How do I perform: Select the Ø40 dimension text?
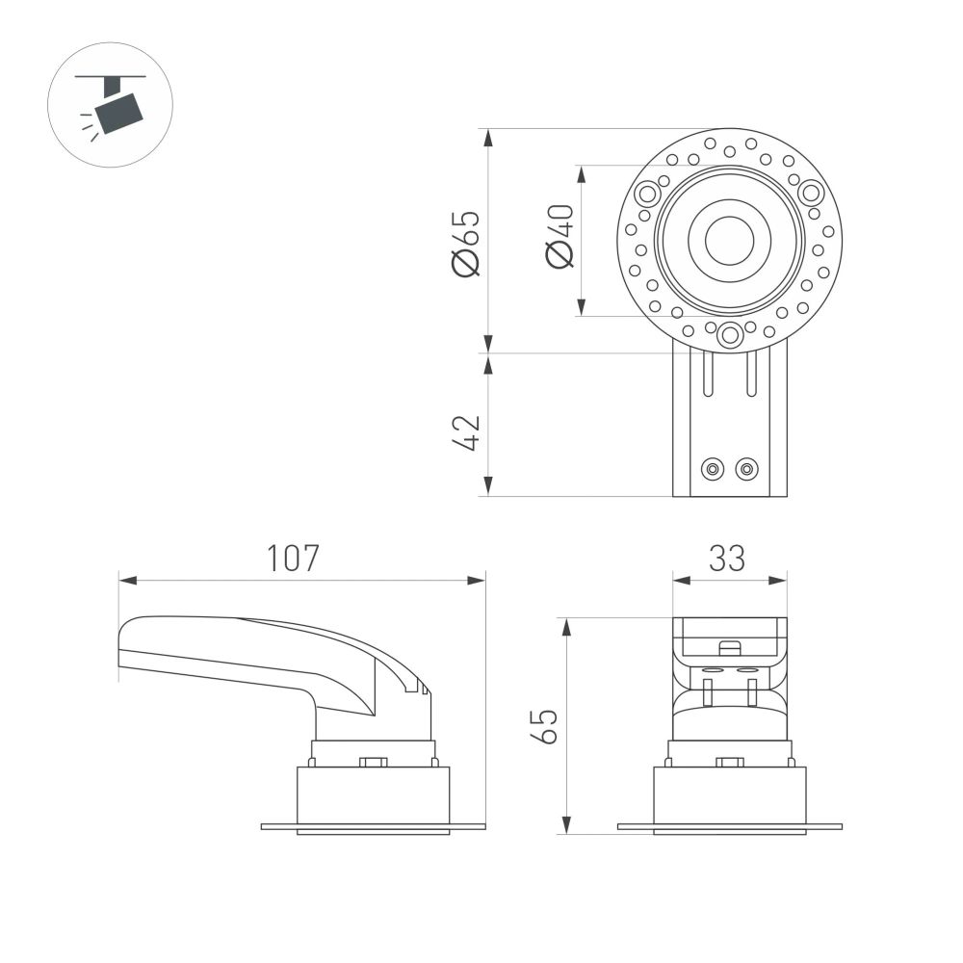click(x=560, y=237)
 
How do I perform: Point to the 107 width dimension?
click(x=293, y=559)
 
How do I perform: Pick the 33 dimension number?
click(x=727, y=559)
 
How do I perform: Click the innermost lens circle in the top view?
click(x=729, y=241)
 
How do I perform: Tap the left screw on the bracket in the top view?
click(x=713, y=469)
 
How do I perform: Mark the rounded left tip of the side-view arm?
click(x=121, y=645)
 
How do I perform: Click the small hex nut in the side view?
click(x=373, y=763)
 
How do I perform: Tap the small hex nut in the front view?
click(x=730, y=763)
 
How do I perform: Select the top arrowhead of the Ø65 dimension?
click(x=488, y=138)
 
